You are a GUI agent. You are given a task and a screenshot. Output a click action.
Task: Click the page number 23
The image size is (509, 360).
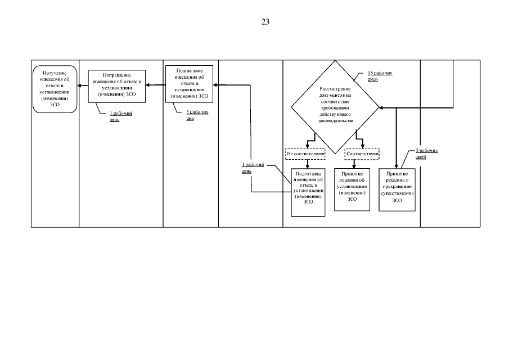point(265,22)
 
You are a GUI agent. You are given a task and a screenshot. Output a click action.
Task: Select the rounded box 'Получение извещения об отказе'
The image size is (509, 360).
point(55,89)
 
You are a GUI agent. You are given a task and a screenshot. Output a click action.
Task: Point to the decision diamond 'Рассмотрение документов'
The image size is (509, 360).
point(336,105)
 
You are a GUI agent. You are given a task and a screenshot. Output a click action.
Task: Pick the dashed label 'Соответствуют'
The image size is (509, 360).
point(362,153)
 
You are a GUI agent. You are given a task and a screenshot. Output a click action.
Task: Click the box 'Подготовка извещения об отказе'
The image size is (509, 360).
point(308,192)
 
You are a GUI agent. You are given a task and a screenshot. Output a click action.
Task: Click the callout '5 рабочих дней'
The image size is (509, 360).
point(427,154)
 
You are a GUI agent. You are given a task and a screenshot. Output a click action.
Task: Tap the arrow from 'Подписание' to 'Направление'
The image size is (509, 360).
point(155,85)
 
